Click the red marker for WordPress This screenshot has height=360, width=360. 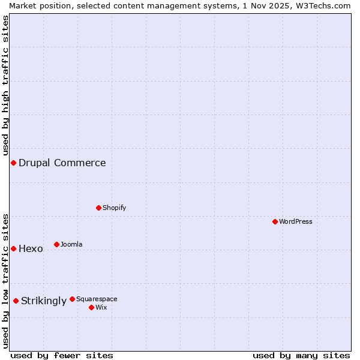coord(275,221)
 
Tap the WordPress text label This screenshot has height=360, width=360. coord(296,221)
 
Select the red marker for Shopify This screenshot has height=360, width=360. coord(99,208)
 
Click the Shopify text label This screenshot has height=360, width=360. coord(115,208)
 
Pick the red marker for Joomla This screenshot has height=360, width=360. coord(57,244)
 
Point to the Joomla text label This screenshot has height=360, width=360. coord(71,244)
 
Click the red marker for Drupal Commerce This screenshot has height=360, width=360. coord(13,163)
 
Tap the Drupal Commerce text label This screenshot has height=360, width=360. coord(62,163)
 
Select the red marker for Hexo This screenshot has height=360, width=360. coord(13,248)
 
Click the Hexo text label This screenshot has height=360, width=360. coord(31,249)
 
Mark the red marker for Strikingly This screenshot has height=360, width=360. coord(16,301)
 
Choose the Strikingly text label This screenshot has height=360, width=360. coord(44,301)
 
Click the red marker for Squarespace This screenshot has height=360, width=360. coord(73,299)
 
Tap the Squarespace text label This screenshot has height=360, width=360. coord(97,299)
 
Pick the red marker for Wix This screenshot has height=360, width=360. coord(92,307)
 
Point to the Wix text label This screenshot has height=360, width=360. coord(101,307)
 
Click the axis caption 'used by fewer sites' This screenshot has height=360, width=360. coord(62,355)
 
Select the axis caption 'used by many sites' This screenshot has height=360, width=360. coord(301,355)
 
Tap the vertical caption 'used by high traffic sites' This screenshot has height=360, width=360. coord(5,84)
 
